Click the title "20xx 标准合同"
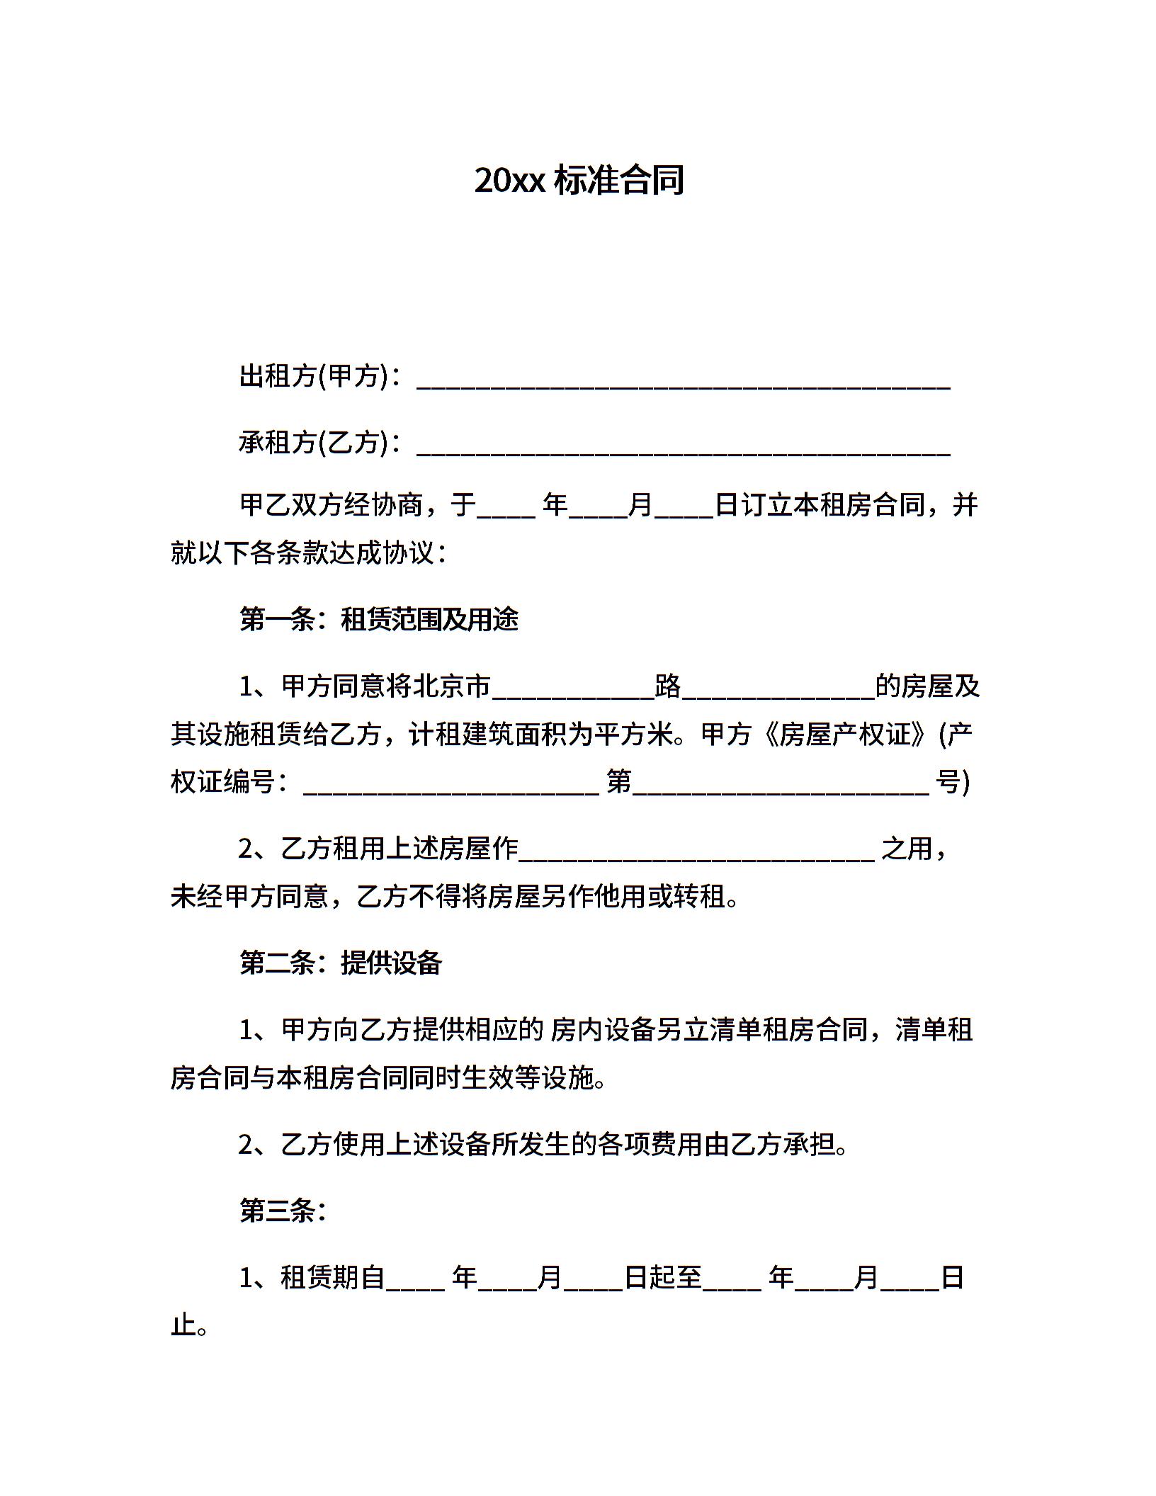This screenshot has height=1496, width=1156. [579, 180]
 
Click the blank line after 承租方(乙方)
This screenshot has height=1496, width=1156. [684, 450]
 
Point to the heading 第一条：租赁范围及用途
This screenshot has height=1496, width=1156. [379, 619]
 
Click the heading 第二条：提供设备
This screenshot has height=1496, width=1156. [341, 963]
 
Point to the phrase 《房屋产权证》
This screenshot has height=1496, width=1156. [844, 735]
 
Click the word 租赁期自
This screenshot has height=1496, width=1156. [332, 1277]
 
